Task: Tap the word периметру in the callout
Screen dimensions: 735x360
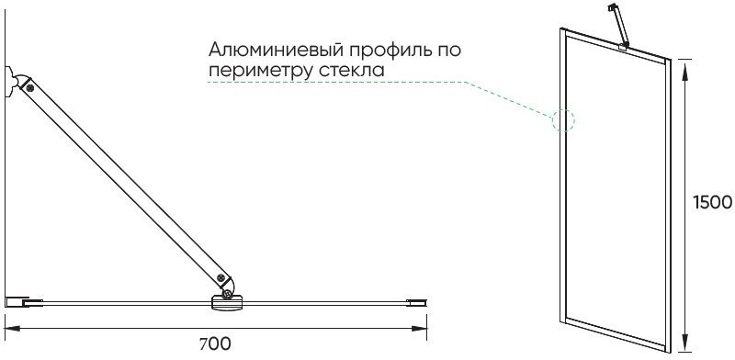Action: (x=260, y=70)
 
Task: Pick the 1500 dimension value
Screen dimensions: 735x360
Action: (x=711, y=202)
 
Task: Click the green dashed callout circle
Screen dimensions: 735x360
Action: (x=562, y=120)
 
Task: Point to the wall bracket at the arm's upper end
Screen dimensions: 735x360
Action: (x=11, y=81)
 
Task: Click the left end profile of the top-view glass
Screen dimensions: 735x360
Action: (x=23, y=300)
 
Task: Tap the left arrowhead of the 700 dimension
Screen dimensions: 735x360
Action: (x=9, y=326)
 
